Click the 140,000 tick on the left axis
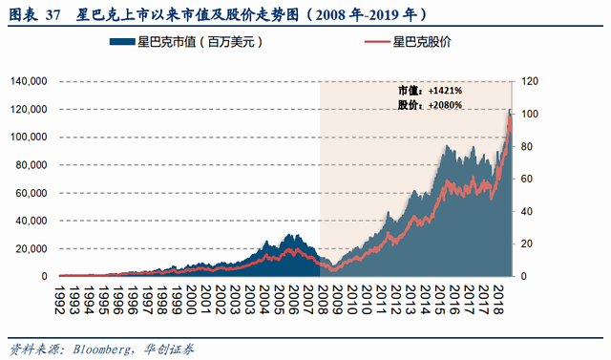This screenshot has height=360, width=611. point(29,81)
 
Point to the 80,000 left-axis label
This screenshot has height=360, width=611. point(32,165)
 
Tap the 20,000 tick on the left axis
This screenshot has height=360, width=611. point(32,248)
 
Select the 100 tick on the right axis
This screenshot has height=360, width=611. point(530,114)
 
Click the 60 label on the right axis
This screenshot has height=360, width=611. point(527,179)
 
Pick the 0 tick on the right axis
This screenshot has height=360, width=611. point(524,276)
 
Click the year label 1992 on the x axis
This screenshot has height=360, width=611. point(59,300)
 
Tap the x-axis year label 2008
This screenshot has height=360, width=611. point(323,300)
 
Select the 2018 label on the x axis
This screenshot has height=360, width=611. point(497,300)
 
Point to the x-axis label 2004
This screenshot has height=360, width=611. point(264,300)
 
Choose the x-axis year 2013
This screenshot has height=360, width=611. point(410,300)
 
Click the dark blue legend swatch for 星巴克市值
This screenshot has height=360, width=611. point(122,42)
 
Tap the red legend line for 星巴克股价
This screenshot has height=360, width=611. point(377,42)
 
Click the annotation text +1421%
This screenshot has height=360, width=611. point(445,91)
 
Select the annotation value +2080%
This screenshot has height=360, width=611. point(445,105)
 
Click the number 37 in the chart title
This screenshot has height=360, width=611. point(53,15)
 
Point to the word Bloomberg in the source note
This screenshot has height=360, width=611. point(102,349)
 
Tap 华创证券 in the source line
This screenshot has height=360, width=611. point(169,349)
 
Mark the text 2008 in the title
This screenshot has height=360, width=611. point(330,15)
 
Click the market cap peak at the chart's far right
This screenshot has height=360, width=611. point(510,110)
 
